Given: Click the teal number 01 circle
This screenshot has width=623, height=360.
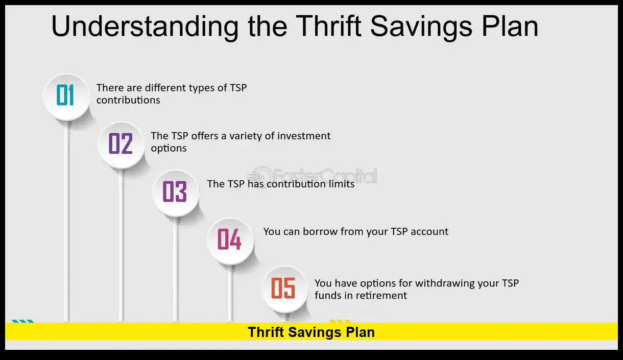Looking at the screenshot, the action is coord(66,97).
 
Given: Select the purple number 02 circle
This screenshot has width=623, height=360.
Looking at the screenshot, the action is coord(121,145).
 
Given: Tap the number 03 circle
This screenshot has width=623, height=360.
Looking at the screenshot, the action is coord(176,193).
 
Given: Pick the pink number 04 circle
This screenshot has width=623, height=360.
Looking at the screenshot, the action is coord(230,241).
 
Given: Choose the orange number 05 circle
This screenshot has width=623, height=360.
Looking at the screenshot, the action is coord(285,289).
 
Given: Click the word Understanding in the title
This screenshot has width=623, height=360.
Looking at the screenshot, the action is coord(145,27).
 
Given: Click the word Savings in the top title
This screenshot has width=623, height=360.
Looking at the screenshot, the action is coord(421,27).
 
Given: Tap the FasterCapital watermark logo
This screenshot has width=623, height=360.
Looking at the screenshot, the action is coord(312,176).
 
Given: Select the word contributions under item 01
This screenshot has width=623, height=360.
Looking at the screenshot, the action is coord(128,100).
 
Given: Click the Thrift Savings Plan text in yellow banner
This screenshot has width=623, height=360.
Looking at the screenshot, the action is coord(311,332).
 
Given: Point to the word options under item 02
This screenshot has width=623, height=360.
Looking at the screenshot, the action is coord(169,149).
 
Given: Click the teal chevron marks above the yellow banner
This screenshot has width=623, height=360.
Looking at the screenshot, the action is coord(22,321).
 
